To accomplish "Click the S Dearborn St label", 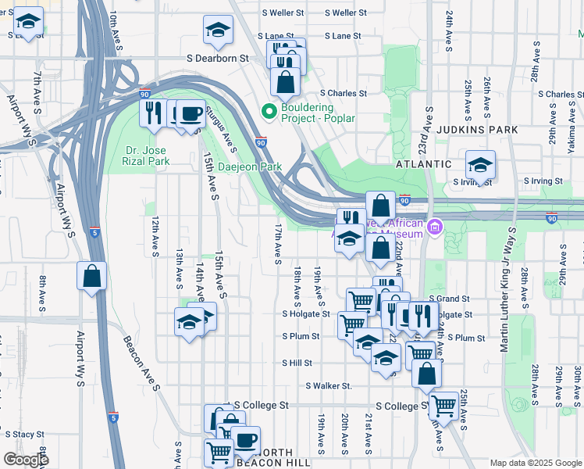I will (217, 58).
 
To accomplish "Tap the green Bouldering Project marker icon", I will (269, 113).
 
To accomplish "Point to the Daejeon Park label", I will (238, 166).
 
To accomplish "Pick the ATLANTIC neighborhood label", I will (423, 164).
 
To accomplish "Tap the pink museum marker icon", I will (436, 228).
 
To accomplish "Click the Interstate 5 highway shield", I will (94, 232).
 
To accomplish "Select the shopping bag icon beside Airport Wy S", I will (92, 276).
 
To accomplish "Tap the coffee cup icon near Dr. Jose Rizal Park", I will (191, 114).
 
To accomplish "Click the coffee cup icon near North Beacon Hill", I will (246, 440).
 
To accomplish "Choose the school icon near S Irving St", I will (480, 164).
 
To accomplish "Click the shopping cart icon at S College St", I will (443, 406).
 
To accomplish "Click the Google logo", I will (26, 460).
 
